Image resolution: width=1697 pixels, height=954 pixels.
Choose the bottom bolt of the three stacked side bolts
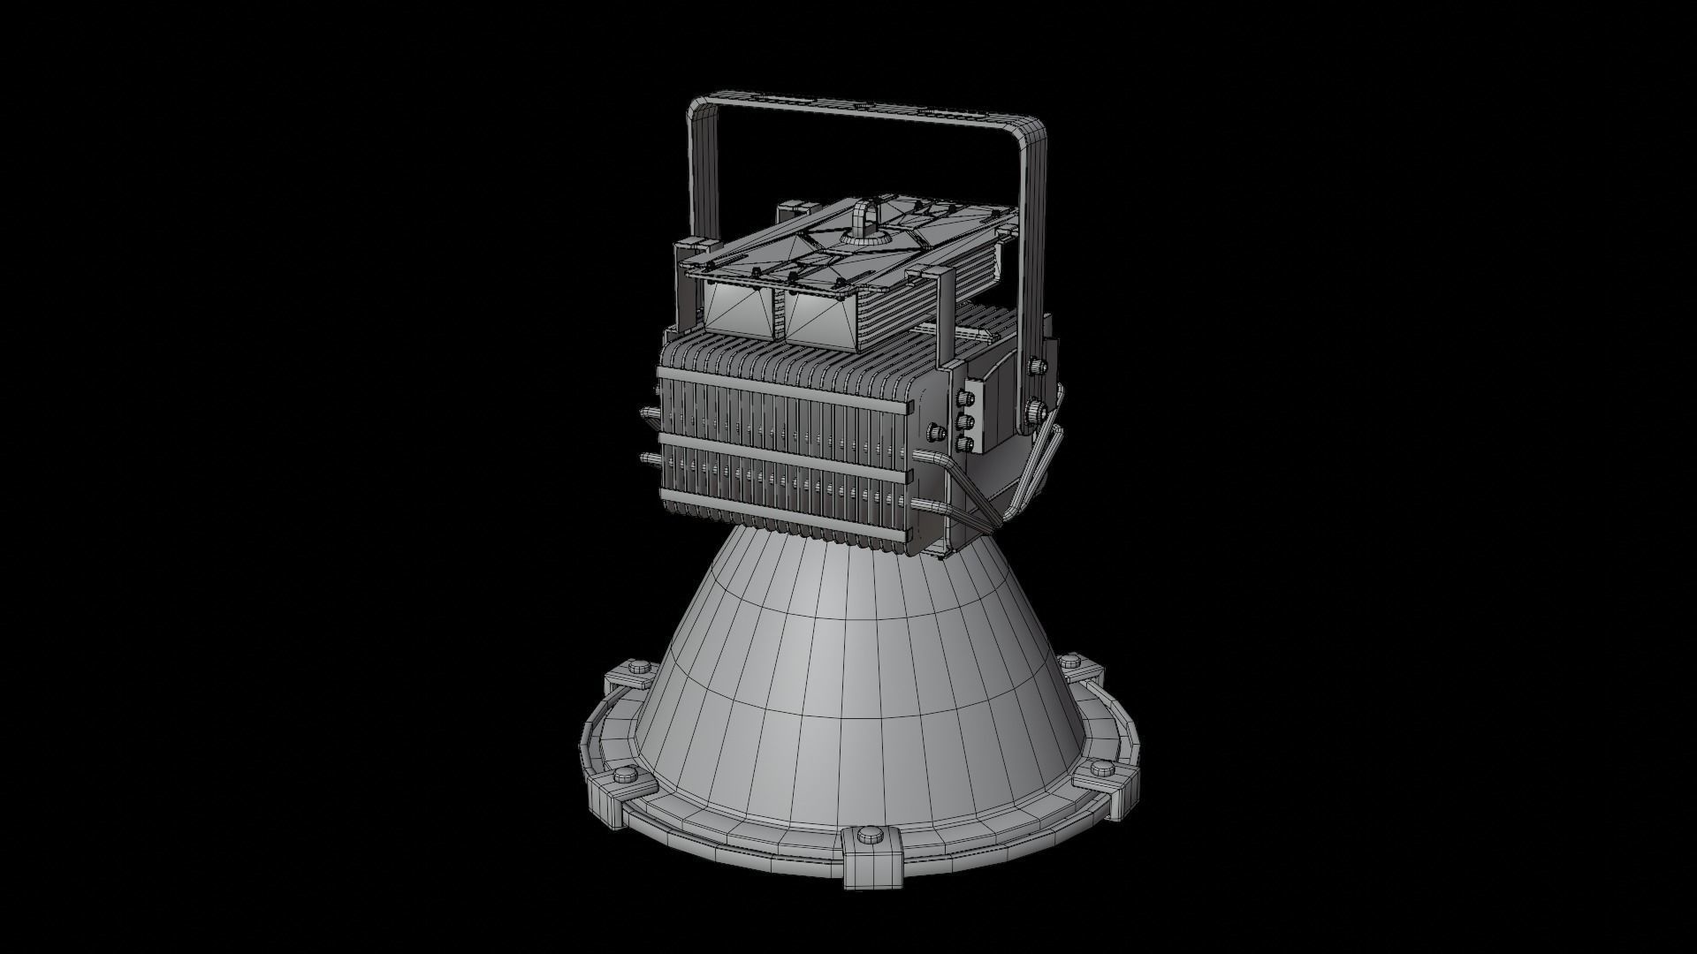[966, 441]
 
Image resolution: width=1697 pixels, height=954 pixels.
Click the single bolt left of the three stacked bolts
[934, 433]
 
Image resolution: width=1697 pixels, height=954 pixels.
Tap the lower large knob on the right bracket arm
[1034, 410]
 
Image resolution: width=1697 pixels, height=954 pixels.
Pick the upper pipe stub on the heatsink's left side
[650, 413]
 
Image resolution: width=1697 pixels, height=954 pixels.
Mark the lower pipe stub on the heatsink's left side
[650, 458]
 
